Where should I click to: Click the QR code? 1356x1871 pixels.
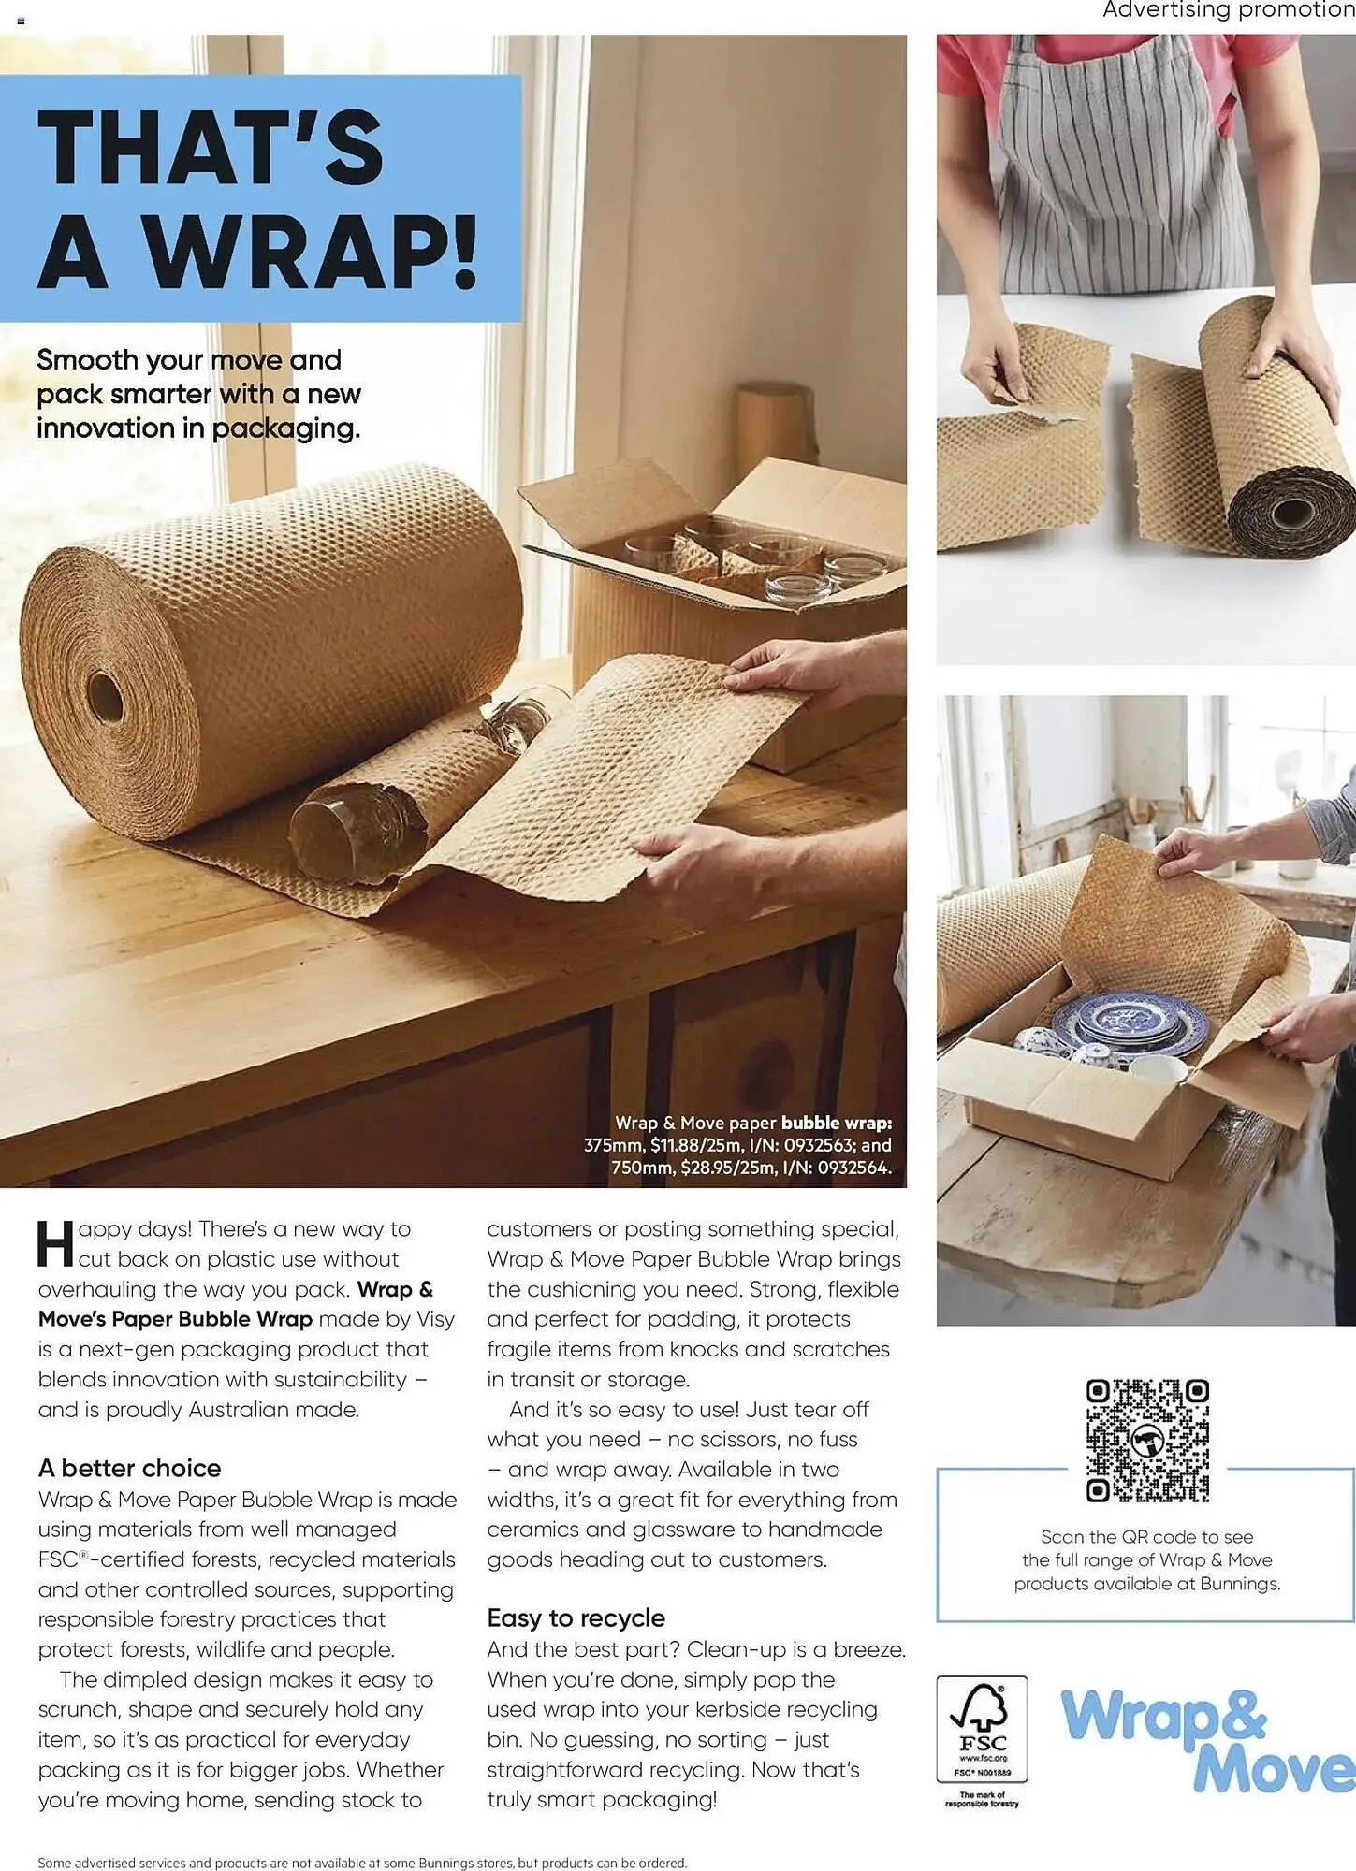point(1147,1440)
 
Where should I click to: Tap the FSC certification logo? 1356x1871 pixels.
point(982,1730)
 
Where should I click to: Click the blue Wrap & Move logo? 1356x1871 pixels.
point(1207,1741)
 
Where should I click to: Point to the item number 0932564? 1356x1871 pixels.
point(853,1168)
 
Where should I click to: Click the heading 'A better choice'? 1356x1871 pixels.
point(129,1468)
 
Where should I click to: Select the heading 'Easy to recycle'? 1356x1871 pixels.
point(576,1617)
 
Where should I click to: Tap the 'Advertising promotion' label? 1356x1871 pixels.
point(1228,10)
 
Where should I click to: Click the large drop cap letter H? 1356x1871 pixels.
point(54,1243)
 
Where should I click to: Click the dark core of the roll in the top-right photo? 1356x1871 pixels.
point(1291,513)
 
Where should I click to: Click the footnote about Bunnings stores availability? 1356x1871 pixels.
point(362,1862)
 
